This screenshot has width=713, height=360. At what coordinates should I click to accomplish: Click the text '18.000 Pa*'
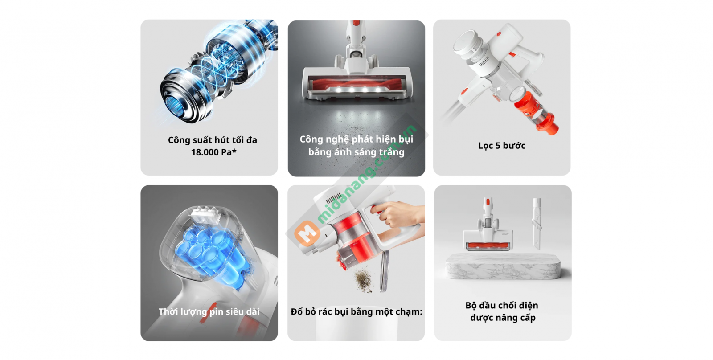pyautogui.click(x=213, y=152)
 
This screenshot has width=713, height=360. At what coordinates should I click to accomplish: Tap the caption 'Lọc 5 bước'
pyautogui.click(x=502, y=145)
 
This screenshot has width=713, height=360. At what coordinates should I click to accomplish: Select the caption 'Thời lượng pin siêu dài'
pyautogui.click(x=209, y=311)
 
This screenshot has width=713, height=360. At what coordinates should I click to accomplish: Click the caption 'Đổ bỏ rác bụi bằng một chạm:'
pyautogui.click(x=356, y=311)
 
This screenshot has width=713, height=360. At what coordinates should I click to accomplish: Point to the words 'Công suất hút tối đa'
pyautogui.click(x=213, y=140)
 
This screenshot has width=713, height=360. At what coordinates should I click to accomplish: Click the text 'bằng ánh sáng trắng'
pyautogui.click(x=356, y=152)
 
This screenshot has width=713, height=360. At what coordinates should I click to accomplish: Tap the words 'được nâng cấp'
pyautogui.click(x=503, y=318)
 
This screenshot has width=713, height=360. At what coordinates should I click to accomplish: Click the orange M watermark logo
pyautogui.click(x=307, y=233)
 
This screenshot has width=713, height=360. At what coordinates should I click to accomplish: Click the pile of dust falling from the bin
pyautogui.click(x=364, y=281)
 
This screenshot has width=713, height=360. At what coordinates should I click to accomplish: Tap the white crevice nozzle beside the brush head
pyautogui.click(x=536, y=223)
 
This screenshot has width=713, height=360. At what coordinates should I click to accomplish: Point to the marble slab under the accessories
pyautogui.click(x=503, y=267)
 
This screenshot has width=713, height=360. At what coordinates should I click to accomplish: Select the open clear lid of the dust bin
pyautogui.click(x=385, y=270)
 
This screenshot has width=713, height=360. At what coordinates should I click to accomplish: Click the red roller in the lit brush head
pyautogui.click(x=356, y=85)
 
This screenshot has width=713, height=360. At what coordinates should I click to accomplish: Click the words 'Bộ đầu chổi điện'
pyautogui.click(x=502, y=305)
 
